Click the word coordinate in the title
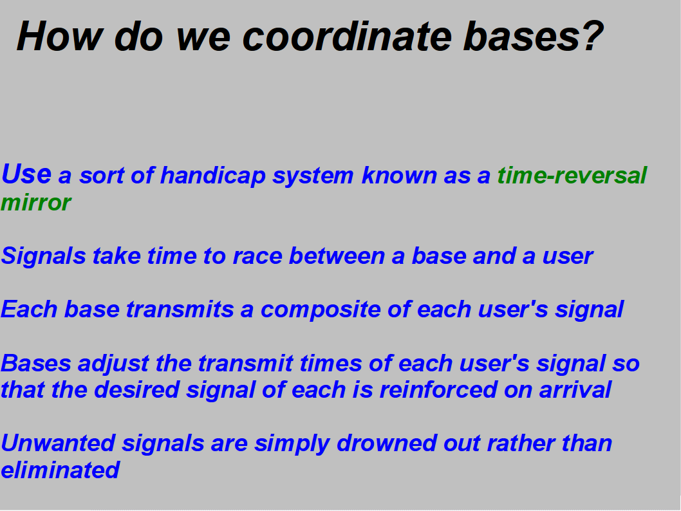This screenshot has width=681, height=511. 347,37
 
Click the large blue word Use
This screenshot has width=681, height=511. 26,174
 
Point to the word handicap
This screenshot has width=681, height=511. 213,176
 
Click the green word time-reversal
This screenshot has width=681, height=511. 572,176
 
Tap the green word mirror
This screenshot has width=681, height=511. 36,203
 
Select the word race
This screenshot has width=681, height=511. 257,256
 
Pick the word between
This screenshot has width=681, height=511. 337,256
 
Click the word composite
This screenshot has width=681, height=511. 321,310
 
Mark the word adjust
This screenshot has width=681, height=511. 113,364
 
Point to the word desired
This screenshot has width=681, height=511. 136,389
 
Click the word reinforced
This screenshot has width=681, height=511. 438,389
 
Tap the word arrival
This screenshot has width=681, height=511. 575,389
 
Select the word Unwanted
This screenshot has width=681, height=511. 58,443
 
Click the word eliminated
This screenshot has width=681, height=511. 60,470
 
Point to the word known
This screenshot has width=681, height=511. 398,176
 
